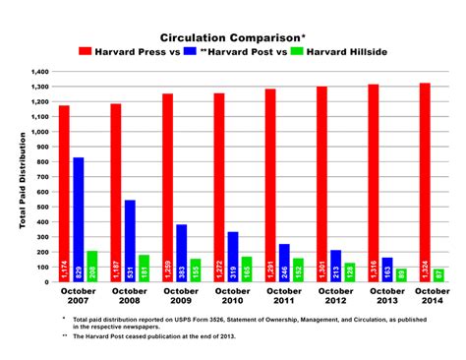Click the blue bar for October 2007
coord(79,219)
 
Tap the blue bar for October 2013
coord(386,270)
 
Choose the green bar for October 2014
coord(437,275)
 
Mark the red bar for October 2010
coord(219,188)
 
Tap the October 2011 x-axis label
coord(283,296)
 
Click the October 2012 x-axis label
coord(335,296)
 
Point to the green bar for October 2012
coord(349,272)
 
